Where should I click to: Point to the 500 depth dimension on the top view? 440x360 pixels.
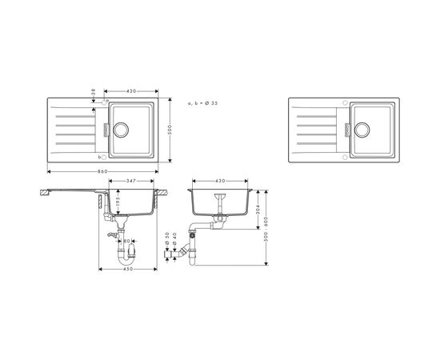170,130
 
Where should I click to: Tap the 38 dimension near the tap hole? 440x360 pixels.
93,95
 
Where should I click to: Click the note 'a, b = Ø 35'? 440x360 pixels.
205,104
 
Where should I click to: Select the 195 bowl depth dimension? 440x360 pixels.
118,206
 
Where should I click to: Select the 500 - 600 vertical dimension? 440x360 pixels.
266,229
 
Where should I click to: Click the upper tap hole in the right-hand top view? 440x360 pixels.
344,102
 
